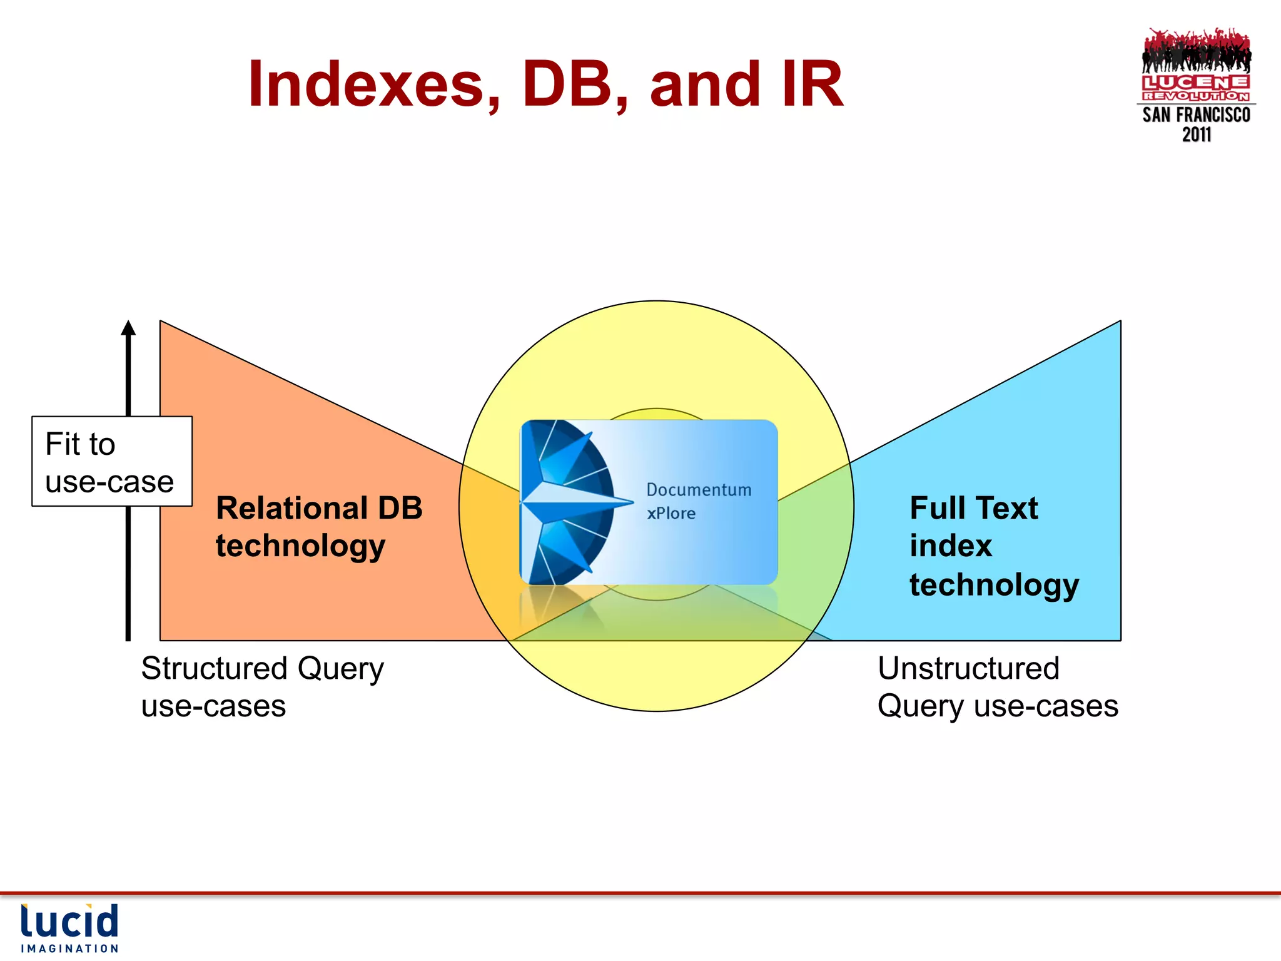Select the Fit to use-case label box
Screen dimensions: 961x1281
(x=111, y=462)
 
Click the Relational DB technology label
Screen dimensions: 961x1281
(x=319, y=526)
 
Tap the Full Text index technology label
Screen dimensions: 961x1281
(x=993, y=546)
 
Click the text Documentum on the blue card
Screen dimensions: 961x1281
(x=699, y=490)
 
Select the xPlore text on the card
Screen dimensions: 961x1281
(x=671, y=514)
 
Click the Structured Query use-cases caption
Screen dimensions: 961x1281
(x=263, y=686)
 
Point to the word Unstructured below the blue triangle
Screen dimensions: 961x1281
(x=968, y=668)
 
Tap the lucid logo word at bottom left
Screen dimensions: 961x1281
(x=69, y=921)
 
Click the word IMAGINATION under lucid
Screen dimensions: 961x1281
(x=69, y=948)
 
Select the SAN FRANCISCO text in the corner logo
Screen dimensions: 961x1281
(x=1196, y=115)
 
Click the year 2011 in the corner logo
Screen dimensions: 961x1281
(x=1196, y=135)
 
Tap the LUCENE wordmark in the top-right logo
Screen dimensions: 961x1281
(x=1196, y=83)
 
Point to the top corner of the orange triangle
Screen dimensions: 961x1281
(x=161, y=322)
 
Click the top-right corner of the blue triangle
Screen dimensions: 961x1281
(x=1120, y=322)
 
